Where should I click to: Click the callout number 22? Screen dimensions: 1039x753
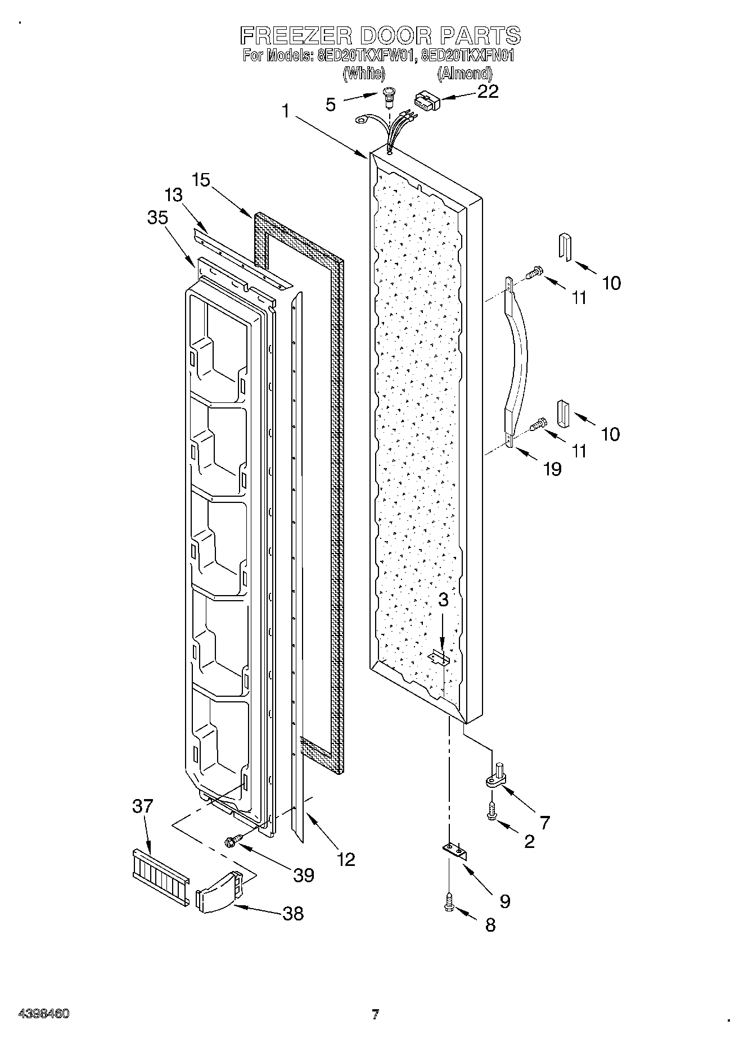tap(488, 92)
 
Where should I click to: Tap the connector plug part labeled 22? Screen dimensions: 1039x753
tap(426, 102)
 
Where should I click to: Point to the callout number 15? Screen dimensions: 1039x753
tap(201, 181)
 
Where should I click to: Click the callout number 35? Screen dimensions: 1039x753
tap(157, 217)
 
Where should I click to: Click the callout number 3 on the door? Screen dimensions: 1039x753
tap(443, 600)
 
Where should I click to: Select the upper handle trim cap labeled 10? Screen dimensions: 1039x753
tap(565, 247)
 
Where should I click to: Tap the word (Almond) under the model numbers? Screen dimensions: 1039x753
tap(465, 73)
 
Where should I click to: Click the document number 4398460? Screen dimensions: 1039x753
tap(44, 1014)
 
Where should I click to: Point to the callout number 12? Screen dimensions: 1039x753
tap(346, 859)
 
